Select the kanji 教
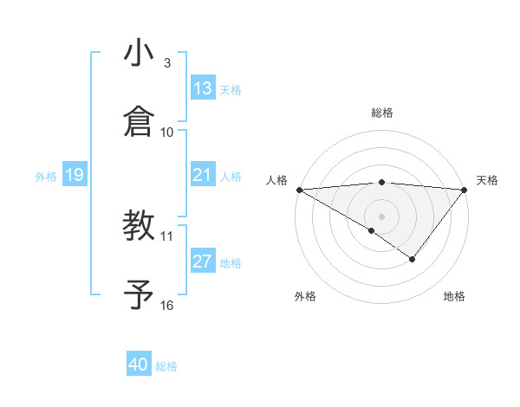click(x=139, y=226)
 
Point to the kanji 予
click(x=139, y=294)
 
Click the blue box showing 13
click(x=203, y=88)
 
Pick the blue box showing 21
click(x=203, y=175)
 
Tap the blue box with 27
click(x=203, y=262)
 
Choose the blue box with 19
click(x=75, y=175)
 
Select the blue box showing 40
click(x=139, y=365)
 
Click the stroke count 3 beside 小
click(x=167, y=63)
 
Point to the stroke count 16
click(x=167, y=305)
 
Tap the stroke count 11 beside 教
click(x=167, y=236)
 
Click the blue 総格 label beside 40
click(x=167, y=366)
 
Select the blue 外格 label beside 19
click(x=46, y=177)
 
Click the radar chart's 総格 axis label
click(x=382, y=113)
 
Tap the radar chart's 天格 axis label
click(x=488, y=180)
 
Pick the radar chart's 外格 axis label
click(x=305, y=296)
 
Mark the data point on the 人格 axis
click(x=299, y=189)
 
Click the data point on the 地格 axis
click(x=413, y=259)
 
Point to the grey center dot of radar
click(x=382, y=216)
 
